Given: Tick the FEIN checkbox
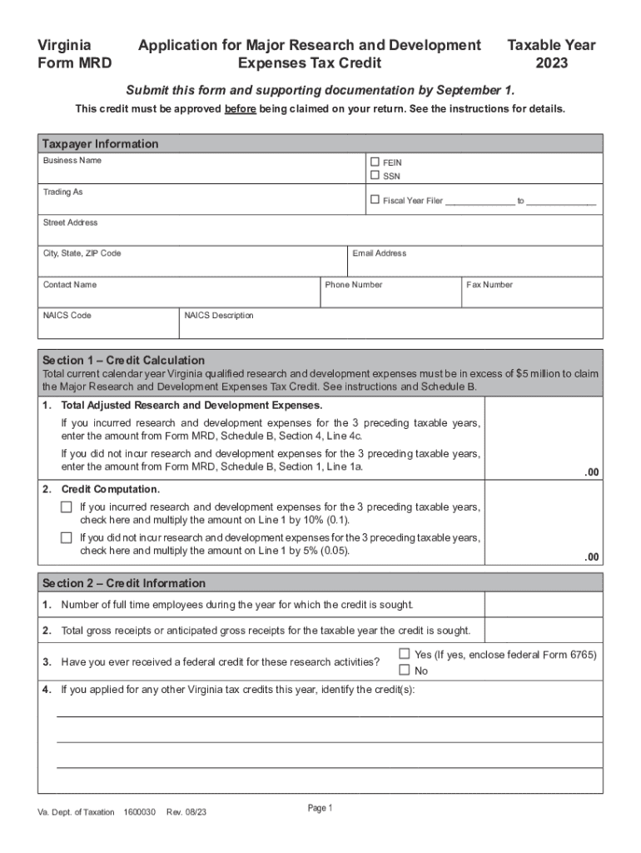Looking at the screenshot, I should [375, 162].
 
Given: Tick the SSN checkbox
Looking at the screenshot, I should [375, 175].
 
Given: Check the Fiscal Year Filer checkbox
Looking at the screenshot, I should [375, 200].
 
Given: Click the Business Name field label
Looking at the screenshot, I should [72, 160].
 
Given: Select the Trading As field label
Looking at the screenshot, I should [63, 192].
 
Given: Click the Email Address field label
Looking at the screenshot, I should [380, 253].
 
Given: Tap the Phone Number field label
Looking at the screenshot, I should [354, 285].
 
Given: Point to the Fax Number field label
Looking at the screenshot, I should [489, 285].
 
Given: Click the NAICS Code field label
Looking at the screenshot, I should [67, 316].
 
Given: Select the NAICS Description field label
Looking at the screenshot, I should [219, 316].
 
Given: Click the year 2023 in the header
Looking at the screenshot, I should [553, 62].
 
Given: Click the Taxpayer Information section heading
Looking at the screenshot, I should [101, 144].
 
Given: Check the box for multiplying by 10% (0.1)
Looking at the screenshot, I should [67, 506].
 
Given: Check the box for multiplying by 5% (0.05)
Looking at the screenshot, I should [67, 537].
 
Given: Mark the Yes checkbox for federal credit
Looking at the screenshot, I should [405, 653].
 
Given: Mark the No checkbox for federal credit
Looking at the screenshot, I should [405, 670].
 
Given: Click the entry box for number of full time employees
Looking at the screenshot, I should [544, 604].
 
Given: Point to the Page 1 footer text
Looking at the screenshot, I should [320, 808].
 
